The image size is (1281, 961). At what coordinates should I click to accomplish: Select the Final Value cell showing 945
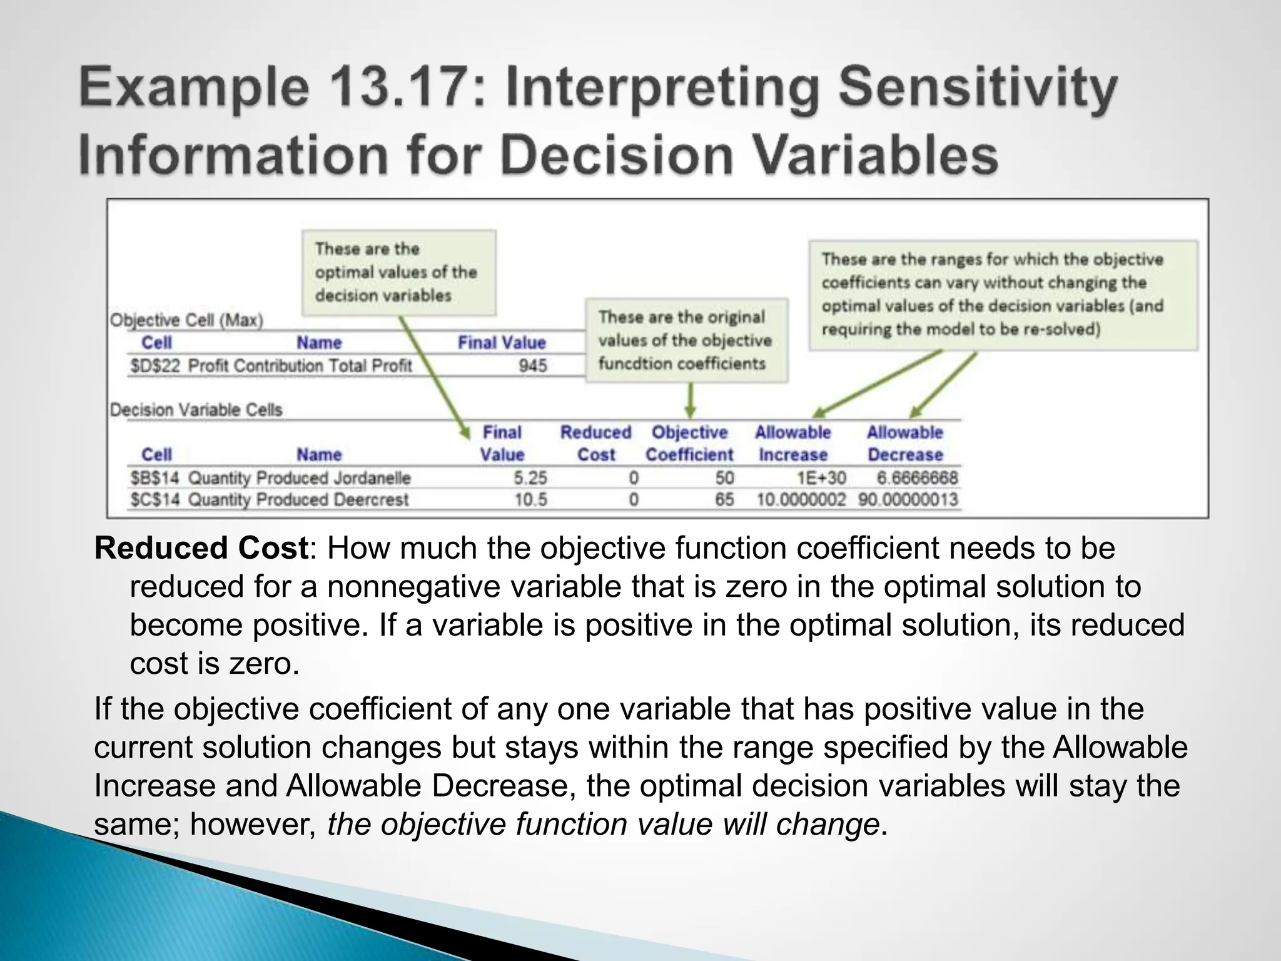coord(532,365)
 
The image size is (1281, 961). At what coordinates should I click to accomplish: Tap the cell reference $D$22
coord(154,365)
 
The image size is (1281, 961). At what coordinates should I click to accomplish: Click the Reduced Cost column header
coord(595,443)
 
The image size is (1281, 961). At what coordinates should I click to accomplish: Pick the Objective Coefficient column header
coord(689,443)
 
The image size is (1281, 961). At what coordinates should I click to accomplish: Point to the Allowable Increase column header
coord(792,443)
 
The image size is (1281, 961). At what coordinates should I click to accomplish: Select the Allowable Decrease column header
coord(904,443)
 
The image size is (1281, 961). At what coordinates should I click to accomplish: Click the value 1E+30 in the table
coord(821,478)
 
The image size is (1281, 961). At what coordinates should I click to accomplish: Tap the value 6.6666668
coord(917,478)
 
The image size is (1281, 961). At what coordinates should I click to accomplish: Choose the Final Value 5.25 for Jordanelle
coord(530,478)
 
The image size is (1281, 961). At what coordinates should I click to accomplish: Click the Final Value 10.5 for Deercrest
coord(530,499)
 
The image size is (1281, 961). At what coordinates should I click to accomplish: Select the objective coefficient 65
coord(724,499)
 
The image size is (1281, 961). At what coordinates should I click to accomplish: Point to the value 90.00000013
coord(908,499)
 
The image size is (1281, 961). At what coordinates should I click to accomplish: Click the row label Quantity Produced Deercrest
coord(298,499)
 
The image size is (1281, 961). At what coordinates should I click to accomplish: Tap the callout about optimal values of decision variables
coord(398,272)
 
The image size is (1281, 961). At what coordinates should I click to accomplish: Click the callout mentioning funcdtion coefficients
coord(686,340)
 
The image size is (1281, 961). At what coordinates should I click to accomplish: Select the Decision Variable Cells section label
coord(196,410)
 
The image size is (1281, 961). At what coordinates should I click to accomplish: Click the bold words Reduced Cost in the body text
coord(201,548)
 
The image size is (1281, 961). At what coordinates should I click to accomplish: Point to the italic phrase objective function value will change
coord(604,824)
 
